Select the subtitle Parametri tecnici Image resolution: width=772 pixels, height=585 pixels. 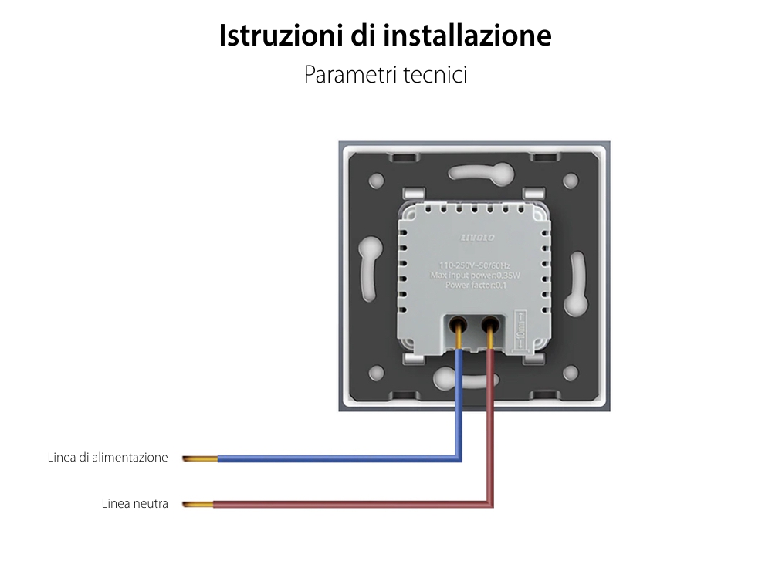tap(385, 75)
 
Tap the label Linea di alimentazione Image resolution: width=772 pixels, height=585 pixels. tap(107, 458)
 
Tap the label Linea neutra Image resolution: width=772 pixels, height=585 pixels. tap(134, 504)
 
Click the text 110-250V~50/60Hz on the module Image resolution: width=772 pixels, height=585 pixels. tap(475, 265)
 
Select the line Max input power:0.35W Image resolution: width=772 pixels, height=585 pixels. tap(475, 276)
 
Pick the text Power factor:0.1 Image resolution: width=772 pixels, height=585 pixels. tap(475, 286)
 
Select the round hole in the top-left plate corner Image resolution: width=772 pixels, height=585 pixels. tap(377, 181)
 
